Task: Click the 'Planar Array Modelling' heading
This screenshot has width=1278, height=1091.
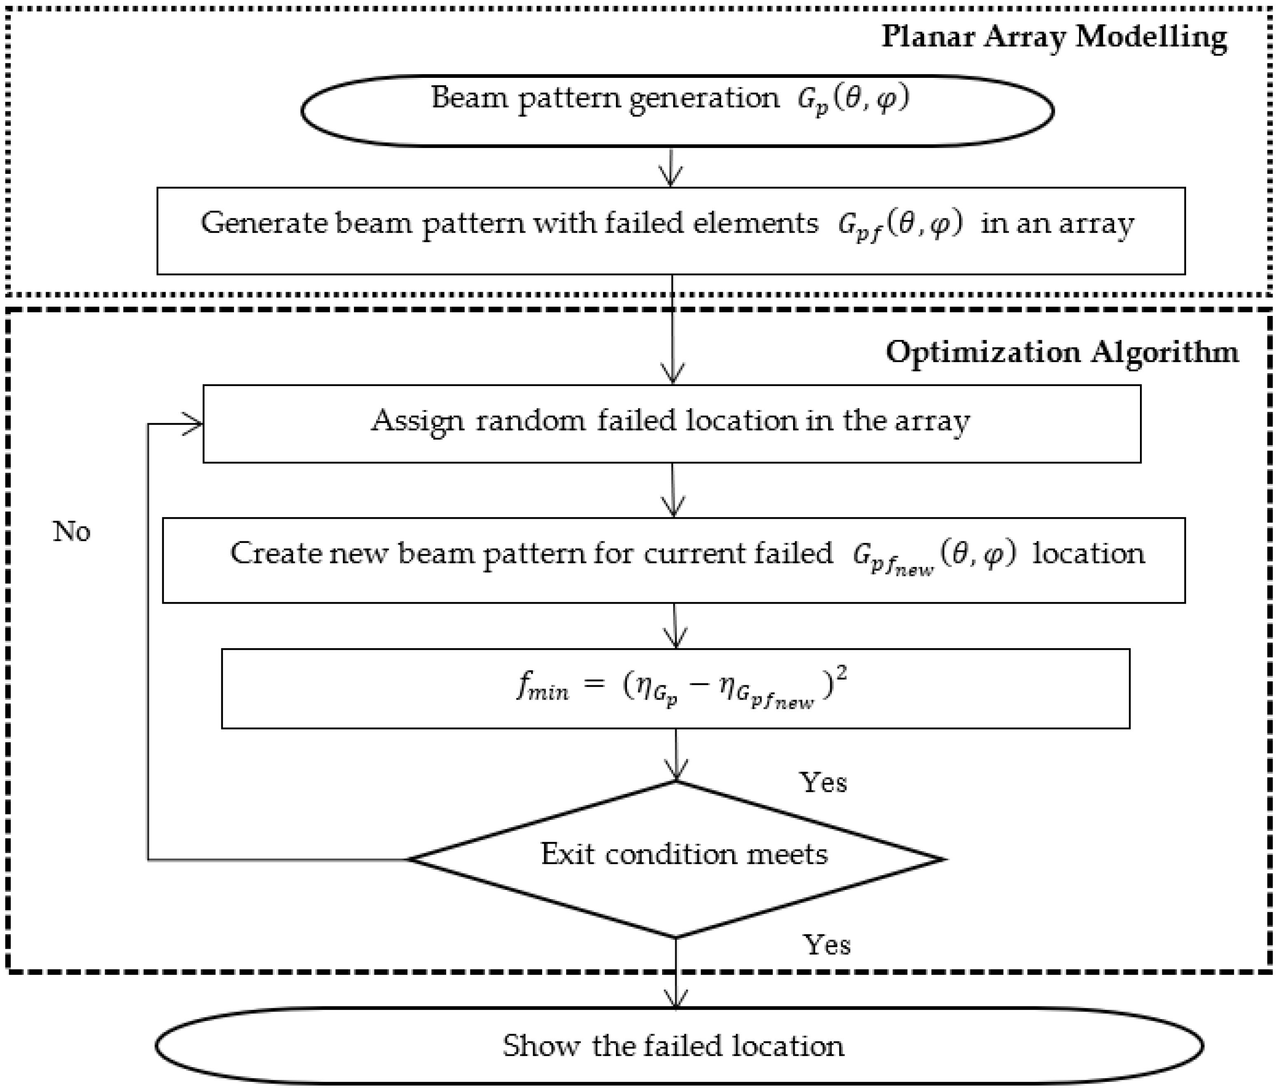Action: (1053, 37)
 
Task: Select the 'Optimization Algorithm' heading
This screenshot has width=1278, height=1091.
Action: (1062, 353)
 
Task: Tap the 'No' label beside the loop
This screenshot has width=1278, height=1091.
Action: (72, 531)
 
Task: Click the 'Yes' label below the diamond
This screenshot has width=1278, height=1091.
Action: (826, 945)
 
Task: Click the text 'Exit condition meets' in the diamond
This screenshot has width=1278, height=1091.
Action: (683, 854)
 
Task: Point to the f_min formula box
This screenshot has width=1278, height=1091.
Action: (675, 689)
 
